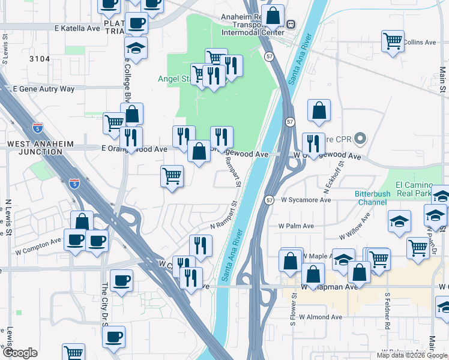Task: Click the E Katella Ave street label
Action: coord(77,28)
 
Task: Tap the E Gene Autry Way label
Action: coord(44,89)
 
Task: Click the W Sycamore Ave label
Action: coord(306,200)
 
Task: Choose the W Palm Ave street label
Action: coord(296,226)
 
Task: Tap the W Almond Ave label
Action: coord(320,317)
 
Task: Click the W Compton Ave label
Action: coord(38,245)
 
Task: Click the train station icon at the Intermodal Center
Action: coord(291,25)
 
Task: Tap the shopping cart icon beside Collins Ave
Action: coord(393,41)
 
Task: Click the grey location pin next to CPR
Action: coord(360,139)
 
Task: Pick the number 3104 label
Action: coord(39,59)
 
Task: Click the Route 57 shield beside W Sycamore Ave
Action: coord(270,200)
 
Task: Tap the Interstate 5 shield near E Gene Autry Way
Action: coord(38,128)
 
